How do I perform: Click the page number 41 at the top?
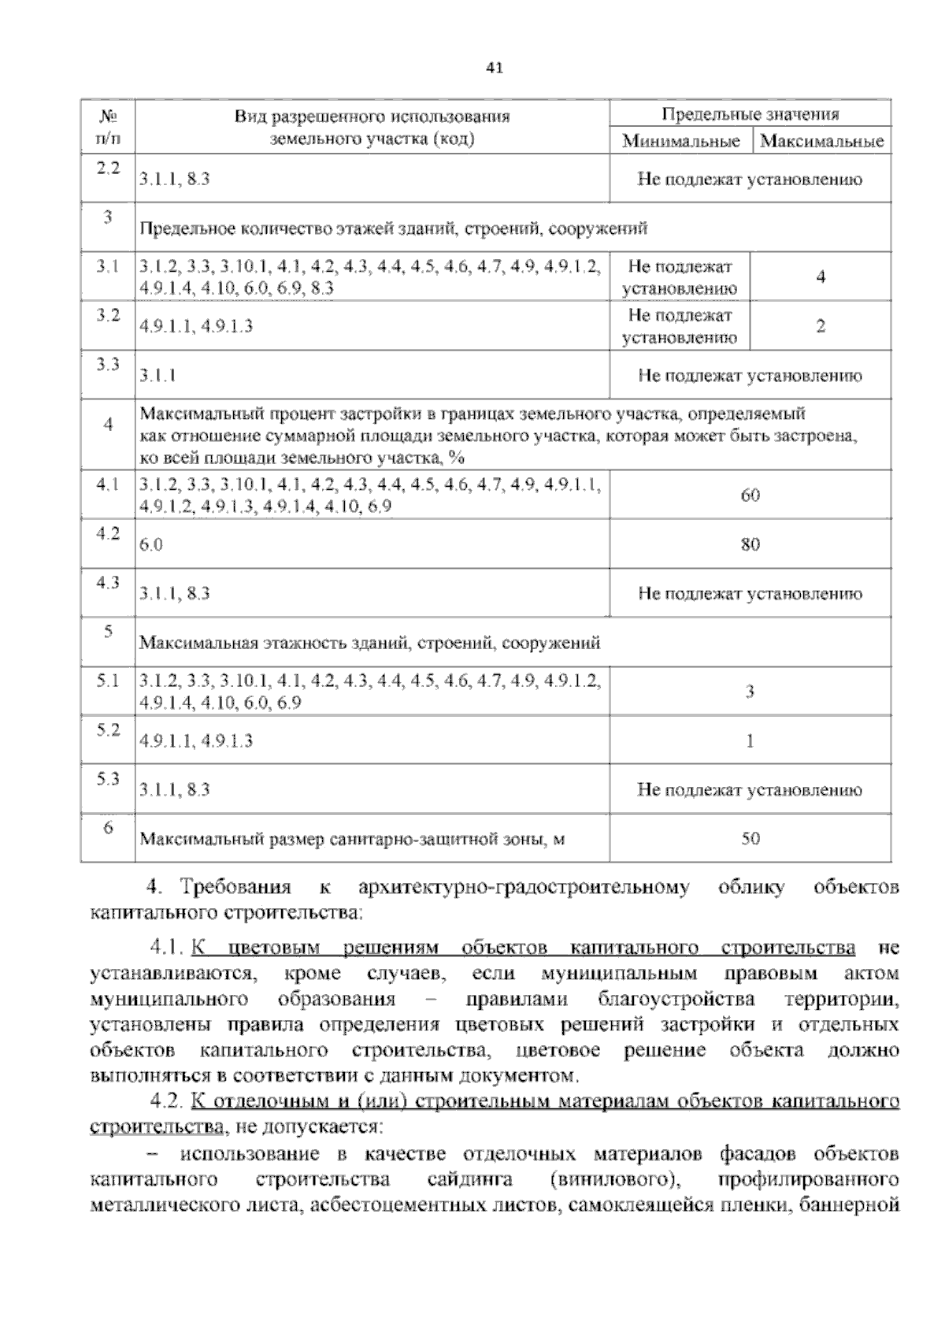pyautogui.click(x=495, y=68)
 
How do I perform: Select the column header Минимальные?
pyautogui.click(x=680, y=142)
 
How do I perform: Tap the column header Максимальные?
pyautogui.click(x=821, y=142)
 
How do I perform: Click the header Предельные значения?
pyautogui.click(x=750, y=114)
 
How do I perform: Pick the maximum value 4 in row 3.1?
pyautogui.click(x=821, y=277)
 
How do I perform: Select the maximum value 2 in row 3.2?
pyautogui.click(x=821, y=326)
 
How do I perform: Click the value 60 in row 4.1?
pyautogui.click(x=750, y=495)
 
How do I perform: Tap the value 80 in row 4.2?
pyautogui.click(x=750, y=544)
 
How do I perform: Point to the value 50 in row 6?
pyautogui.click(x=750, y=839)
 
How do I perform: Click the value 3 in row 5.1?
pyautogui.click(x=750, y=692)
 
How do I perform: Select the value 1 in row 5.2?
pyautogui.click(x=750, y=740)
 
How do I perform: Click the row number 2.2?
pyautogui.click(x=108, y=168)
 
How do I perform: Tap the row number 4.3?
pyautogui.click(x=108, y=582)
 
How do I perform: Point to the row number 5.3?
pyautogui.click(x=108, y=778)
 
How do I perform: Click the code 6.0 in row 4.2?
pyautogui.click(x=151, y=545)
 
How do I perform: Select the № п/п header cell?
pyautogui.click(x=108, y=128)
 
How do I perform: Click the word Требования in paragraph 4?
pyautogui.click(x=236, y=888)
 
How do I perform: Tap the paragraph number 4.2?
pyautogui.click(x=165, y=1100)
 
